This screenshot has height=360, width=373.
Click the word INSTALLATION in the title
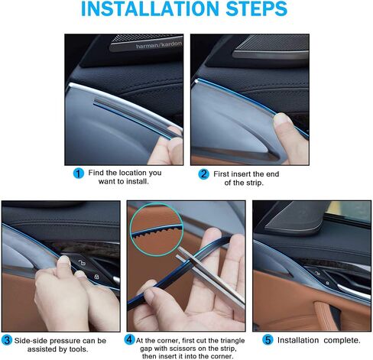(150, 8)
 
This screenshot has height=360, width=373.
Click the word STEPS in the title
(257, 8)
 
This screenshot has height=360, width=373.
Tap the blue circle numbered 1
(79, 174)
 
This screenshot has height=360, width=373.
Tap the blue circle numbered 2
(203, 174)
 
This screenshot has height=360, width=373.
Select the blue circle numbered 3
(7, 340)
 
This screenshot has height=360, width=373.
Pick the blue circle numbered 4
(129, 339)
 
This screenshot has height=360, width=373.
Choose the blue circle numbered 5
(268, 340)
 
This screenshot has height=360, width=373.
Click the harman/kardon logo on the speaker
(159, 45)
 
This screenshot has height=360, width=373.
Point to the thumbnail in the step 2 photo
(282, 119)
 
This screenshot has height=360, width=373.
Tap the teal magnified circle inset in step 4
(157, 229)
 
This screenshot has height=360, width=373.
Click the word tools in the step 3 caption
(79, 349)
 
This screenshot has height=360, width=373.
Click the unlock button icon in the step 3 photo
(81, 263)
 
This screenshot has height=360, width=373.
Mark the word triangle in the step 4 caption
(232, 341)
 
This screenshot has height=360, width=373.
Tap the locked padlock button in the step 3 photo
(96, 277)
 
